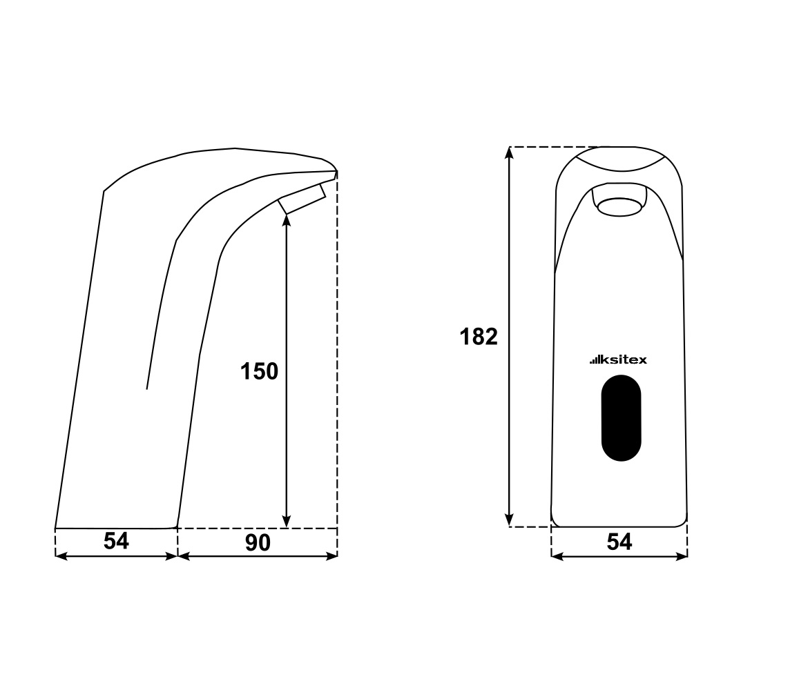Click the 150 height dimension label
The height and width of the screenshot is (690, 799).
point(260,371)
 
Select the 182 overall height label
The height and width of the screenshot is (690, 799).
point(479,337)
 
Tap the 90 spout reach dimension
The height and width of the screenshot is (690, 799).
point(258,543)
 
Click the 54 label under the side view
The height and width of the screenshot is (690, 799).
point(116,541)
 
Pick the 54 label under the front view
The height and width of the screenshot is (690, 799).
point(619,542)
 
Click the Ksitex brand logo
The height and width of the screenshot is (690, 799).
point(618,359)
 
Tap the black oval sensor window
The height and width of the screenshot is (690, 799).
point(621,418)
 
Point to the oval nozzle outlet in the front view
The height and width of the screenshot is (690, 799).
point(619,207)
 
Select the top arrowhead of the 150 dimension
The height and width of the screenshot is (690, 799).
point(287,219)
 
